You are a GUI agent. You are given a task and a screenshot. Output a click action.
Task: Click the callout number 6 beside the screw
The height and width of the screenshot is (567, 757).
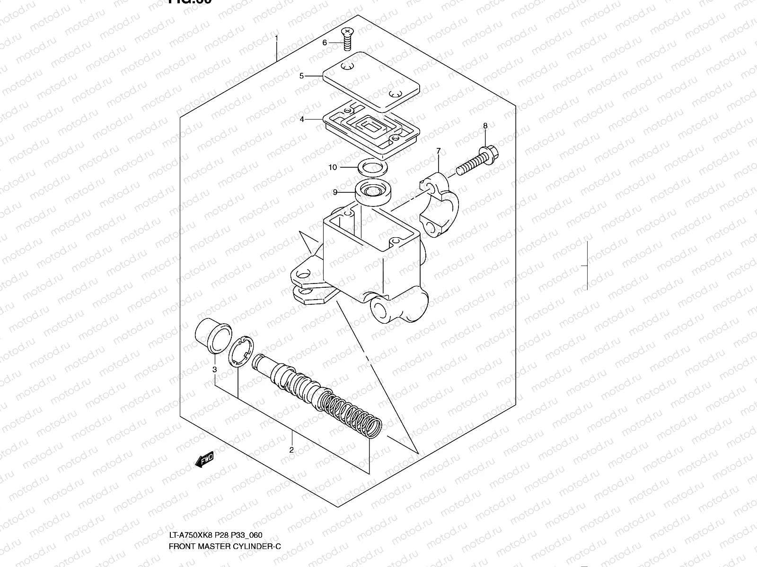325,43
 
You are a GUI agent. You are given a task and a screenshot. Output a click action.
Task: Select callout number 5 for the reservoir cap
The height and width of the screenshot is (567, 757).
301,76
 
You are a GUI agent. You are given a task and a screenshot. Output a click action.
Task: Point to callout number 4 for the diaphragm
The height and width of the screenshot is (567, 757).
302,120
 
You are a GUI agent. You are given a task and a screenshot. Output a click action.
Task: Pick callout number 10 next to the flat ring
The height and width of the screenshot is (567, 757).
333,167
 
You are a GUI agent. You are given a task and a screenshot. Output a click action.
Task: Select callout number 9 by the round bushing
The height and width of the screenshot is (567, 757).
335,192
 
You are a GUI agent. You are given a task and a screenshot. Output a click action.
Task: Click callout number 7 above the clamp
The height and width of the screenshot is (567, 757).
439,151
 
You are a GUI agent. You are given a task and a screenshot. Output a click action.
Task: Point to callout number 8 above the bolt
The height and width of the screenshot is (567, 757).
485,126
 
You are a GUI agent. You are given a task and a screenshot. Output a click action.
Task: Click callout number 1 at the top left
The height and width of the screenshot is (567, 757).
277,37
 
